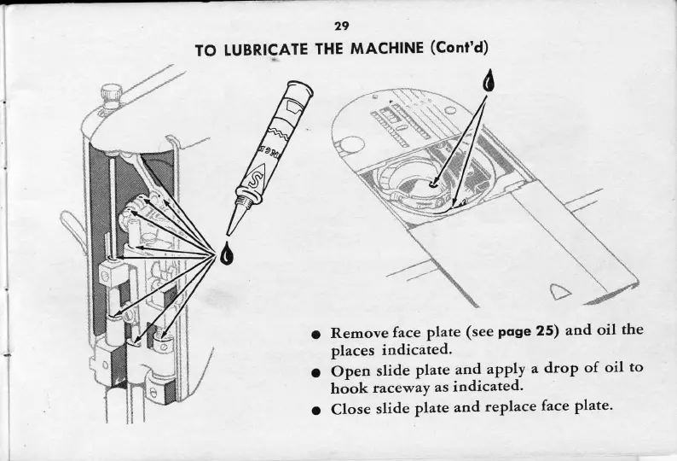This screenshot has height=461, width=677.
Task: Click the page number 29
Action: [x=340, y=26]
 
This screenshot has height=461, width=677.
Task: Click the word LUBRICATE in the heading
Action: [x=269, y=50]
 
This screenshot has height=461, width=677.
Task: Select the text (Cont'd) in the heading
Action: [x=458, y=48]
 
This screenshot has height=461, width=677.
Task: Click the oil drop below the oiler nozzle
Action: [x=225, y=254]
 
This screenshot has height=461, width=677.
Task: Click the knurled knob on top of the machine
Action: [x=110, y=92]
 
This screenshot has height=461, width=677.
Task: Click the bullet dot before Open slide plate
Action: [x=315, y=371]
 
